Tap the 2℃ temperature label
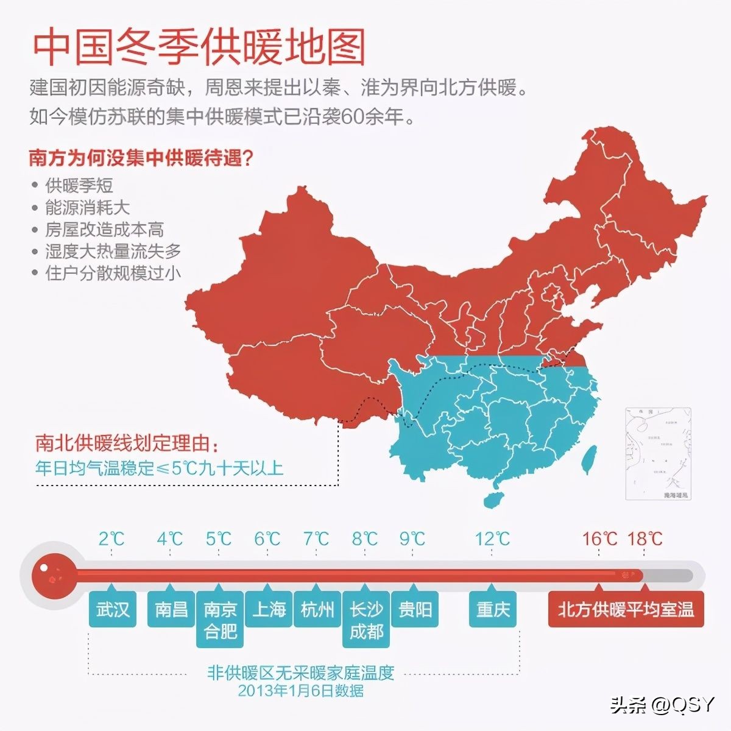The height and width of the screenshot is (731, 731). tap(111, 539)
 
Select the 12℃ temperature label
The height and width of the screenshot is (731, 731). tap(492, 539)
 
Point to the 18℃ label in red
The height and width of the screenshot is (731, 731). tap(644, 539)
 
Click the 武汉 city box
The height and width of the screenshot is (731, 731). tap(113, 609)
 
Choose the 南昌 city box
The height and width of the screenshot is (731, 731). tap(171, 609)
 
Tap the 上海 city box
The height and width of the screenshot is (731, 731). tap(269, 609)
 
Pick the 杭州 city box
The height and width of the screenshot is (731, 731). tap(317, 609)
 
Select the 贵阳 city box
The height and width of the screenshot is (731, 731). tap(415, 609)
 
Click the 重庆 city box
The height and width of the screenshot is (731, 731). tap(493, 609)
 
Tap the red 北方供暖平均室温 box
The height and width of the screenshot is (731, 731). tap(626, 609)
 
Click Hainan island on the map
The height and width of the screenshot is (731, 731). tap(495, 499)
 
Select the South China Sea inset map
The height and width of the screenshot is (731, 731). tap(659, 453)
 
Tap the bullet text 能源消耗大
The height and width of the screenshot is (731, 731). tap(87, 207)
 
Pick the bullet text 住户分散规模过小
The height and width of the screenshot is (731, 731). tap(113, 272)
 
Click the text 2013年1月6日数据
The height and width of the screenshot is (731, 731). tap(301, 690)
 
